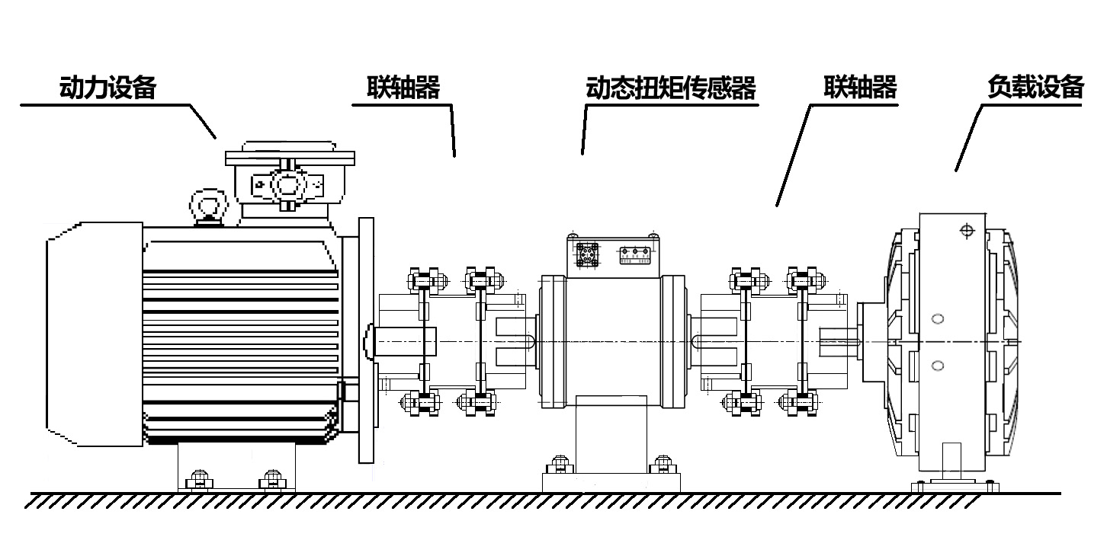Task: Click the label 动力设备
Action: pos(107,88)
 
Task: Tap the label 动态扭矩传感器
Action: pos(671,88)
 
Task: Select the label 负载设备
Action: pos(1035,87)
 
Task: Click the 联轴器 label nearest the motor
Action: pos(403,88)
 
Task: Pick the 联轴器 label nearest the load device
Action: pos(860,87)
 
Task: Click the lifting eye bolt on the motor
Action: pos(209,207)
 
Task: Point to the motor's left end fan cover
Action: pos(94,334)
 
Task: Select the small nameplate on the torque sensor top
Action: pos(634,255)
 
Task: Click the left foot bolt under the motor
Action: pos(199,480)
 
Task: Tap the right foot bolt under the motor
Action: pos(272,480)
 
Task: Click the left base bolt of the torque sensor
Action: pos(560,465)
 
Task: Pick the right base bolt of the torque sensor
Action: pos(663,465)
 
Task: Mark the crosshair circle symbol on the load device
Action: pos(967,231)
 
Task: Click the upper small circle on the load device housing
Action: pos(938,319)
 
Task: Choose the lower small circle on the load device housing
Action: pos(938,366)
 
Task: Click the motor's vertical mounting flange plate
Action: pos(366,340)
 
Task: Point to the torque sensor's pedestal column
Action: pos(611,435)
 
